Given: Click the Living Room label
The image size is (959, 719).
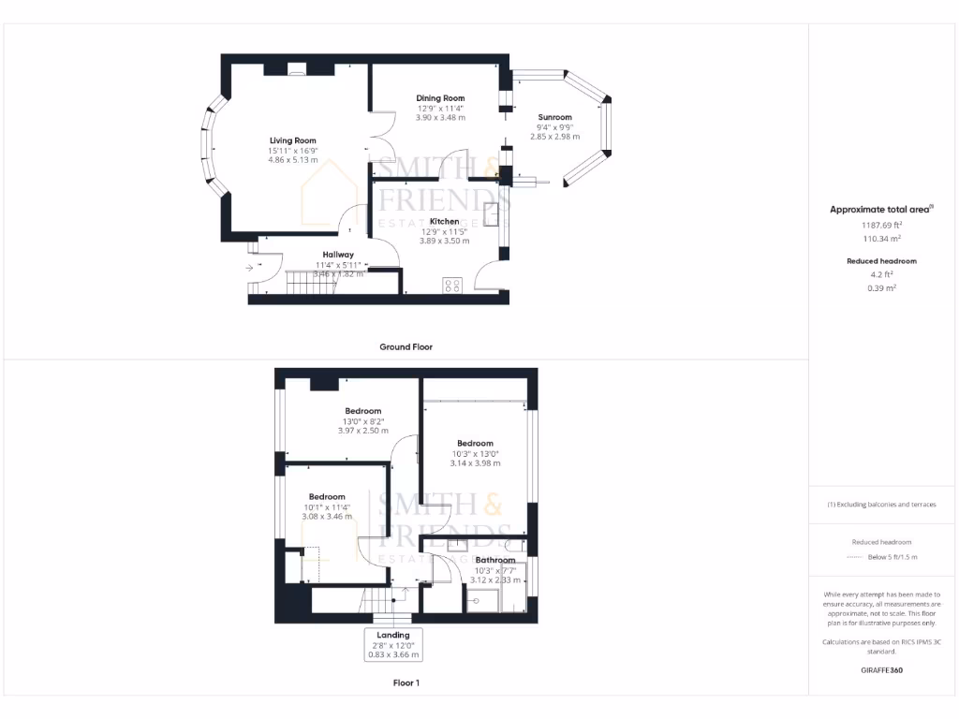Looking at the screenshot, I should [x=292, y=140].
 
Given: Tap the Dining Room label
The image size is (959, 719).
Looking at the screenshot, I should [x=440, y=98].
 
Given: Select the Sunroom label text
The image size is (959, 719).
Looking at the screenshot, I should [x=554, y=118].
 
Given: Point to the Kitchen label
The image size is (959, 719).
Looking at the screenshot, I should [x=444, y=222].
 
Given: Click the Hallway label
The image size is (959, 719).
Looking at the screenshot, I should [x=338, y=255].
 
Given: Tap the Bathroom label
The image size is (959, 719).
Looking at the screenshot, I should [x=494, y=560].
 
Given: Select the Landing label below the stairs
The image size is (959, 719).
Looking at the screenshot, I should [x=392, y=635].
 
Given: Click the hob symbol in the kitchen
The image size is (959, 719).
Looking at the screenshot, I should [x=451, y=286].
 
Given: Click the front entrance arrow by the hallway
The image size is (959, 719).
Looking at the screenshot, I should [x=249, y=268].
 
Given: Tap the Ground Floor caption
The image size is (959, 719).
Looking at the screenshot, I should [x=406, y=346].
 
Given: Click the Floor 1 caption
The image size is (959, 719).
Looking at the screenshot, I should [x=406, y=682].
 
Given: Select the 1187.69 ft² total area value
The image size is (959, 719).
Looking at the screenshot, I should [x=881, y=225].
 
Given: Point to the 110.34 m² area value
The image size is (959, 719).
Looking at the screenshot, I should [x=881, y=239].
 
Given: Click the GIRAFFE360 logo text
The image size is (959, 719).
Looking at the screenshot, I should [x=881, y=670].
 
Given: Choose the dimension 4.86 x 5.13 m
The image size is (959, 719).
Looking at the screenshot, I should [x=292, y=160].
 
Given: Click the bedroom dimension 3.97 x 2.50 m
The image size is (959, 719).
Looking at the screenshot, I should [x=362, y=431].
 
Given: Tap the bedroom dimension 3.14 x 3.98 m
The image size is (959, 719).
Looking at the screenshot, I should [x=475, y=462].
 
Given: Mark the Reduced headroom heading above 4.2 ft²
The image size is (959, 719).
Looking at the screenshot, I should [x=881, y=261].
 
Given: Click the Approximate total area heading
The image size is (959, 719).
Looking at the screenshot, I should [x=879, y=210].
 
